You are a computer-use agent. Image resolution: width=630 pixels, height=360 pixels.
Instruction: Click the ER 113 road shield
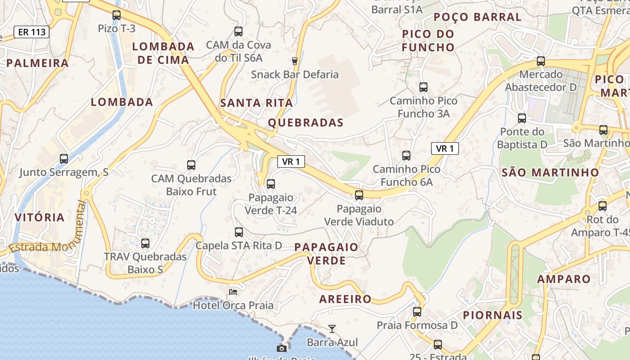pyautogui.click(x=31, y=32)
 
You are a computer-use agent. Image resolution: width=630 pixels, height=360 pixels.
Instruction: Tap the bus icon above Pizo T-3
pyautogui.click(x=117, y=15)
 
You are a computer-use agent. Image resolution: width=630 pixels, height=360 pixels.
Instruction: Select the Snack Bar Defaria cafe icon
pyautogui.click(x=295, y=61)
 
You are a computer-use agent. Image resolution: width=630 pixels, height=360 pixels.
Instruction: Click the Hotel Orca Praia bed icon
pyautogui.click(x=233, y=292)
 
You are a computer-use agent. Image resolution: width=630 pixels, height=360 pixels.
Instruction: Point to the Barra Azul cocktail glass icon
pyautogui.click(x=332, y=329)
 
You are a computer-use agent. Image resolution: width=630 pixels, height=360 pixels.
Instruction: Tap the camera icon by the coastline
pyautogui.click(x=282, y=348)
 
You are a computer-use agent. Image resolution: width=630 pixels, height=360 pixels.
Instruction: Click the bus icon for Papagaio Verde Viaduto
pyautogui.click(x=359, y=195)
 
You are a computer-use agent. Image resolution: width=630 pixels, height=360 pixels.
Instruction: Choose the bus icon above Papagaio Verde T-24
pyautogui.click(x=270, y=184)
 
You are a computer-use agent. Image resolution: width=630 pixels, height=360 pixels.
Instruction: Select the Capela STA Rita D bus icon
pyautogui.click(x=239, y=232)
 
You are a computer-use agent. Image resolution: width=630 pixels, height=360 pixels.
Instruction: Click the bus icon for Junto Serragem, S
pyautogui.click(x=64, y=158)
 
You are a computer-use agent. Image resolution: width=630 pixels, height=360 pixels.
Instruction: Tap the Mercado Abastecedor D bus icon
pyautogui.click(x=541, y=61)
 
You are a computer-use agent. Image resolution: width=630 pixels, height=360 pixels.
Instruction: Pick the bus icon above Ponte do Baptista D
pyautogui.click(x=522, y=118)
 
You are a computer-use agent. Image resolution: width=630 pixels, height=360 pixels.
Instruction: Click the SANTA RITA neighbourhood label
pyautogui.click(x=256, y=103)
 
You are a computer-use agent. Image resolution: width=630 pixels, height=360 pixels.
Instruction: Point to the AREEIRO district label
pyautogui.click(x=346, y=299)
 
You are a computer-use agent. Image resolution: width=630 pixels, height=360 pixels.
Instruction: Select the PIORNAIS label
pyautogui.click(x=493, y=315)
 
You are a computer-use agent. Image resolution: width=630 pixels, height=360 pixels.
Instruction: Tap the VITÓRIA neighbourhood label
pyautogui.click(x=40, y=218)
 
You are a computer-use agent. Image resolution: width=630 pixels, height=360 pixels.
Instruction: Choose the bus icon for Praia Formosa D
pyautogui.click(x=417, y=311)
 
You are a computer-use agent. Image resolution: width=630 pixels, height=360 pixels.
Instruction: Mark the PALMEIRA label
pyautogui.click(x=37, y=63)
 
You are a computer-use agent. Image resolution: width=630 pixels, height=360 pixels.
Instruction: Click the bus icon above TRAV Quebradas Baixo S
pyautogui.click(x=145, y=243)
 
